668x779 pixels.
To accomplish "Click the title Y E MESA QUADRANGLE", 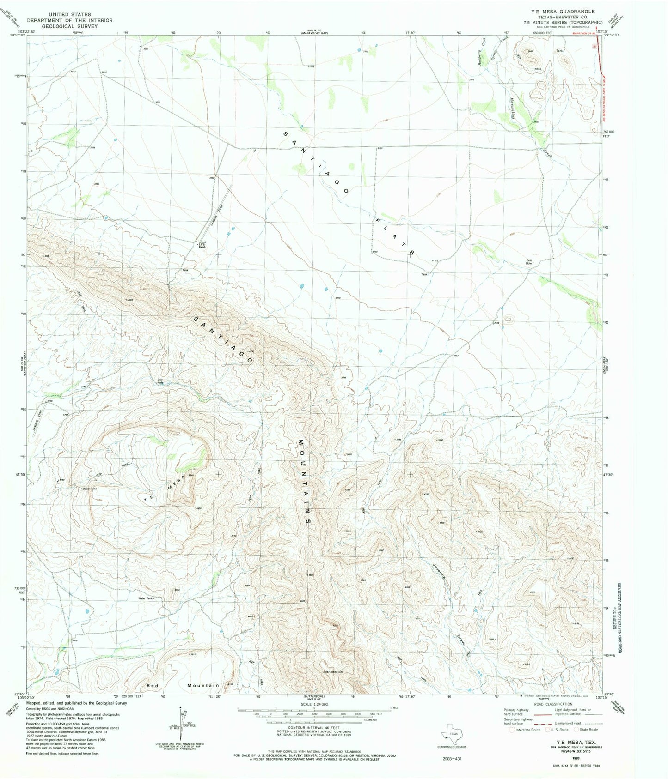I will click(x=570, y=12).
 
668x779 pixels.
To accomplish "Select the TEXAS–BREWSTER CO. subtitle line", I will click(x=570, y=17).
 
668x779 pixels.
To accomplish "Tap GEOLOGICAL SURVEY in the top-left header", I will click(x=69, y=26).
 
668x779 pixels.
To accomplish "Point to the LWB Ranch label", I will click(x=202, y=246).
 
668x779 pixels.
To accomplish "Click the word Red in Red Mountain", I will click(x=153, y=686).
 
